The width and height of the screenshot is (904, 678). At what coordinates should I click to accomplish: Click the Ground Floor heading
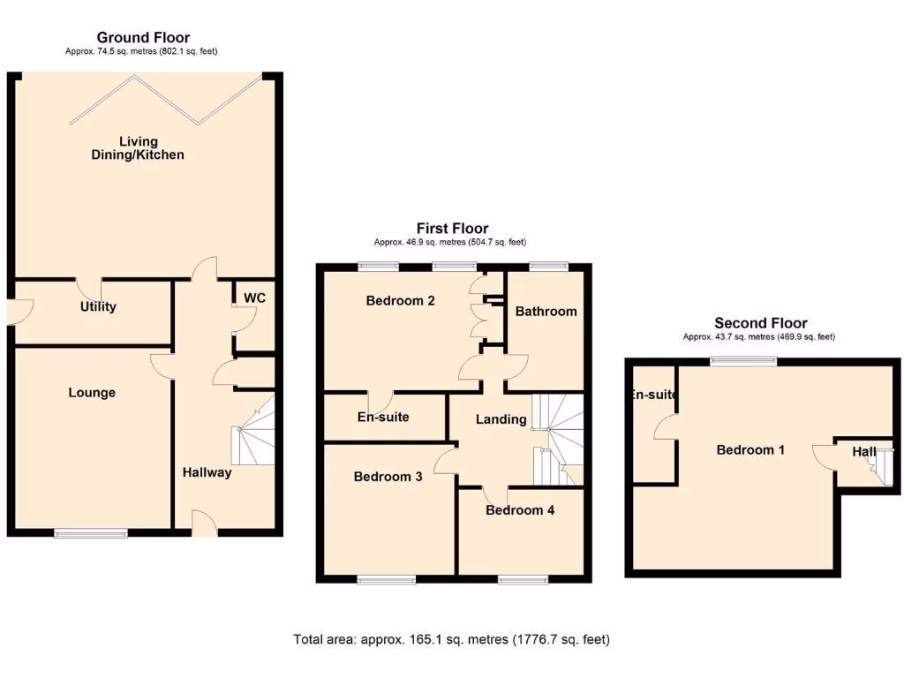coord(143,37)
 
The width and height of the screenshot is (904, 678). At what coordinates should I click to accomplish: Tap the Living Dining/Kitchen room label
coord(139,148)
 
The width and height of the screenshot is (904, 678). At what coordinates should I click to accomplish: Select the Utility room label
coord(98,307)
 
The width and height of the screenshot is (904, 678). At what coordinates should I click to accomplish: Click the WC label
coord(254,298)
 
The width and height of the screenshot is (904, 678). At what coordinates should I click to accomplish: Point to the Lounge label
coord(92,393)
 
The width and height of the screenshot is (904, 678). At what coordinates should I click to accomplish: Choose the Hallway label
coord(207,472)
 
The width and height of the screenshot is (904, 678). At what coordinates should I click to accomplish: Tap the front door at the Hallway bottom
coord(204,525)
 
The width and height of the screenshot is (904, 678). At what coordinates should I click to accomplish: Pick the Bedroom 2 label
coord(400,301)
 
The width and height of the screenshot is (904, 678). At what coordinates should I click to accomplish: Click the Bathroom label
coord(546,312)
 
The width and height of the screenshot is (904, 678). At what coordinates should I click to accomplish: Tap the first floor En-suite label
coord(383,417)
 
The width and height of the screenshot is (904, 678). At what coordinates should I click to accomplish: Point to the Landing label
coord(501,419)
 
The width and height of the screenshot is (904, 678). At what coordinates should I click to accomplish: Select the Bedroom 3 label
coord(388,477)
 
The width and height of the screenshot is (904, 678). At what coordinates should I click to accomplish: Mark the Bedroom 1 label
coord(750,450)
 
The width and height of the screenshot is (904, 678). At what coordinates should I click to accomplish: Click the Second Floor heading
coord(760,323)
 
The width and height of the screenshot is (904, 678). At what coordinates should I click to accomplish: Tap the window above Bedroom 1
coord(745,360)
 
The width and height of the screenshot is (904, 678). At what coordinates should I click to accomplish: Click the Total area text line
coord(451,639)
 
